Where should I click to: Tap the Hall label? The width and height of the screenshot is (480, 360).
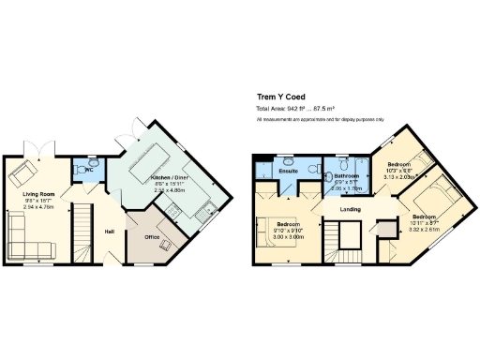click(x=109, y=231)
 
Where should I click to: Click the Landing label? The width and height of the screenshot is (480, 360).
click(x=351, y=209)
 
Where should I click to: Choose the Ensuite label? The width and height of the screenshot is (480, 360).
click(x=288, y=171)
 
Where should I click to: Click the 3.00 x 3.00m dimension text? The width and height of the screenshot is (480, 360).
click(x=288, y=237)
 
